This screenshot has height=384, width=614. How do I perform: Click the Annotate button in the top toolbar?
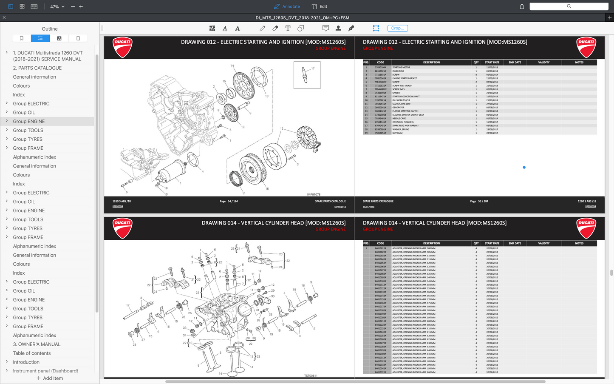coord(287,6)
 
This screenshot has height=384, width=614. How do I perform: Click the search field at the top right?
coord(569,6)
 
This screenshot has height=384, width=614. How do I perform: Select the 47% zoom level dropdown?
coord(57,7)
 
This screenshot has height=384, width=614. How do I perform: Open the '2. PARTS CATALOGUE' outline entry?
coord(37,68)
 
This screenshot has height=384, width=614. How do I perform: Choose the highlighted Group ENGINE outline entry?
coord(29,122)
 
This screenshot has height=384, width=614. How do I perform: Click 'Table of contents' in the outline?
coord(32,353)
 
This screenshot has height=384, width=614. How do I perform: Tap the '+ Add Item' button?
coord(50,378)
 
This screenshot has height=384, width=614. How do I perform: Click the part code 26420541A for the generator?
coord(380,108)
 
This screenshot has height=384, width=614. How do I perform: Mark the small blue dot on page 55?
coord(524,168)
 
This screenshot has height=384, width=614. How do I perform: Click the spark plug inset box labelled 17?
coord(307,75)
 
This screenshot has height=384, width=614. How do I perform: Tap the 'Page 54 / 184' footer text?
coord(229,202)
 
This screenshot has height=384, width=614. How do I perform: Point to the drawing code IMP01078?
coord(313,194)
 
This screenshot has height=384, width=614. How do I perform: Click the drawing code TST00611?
coord(311,375)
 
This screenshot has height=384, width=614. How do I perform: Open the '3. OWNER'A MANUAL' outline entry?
coord(37,344)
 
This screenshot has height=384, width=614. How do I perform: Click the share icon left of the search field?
coord(522,6)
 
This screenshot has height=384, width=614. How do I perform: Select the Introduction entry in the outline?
coord(26,362)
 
